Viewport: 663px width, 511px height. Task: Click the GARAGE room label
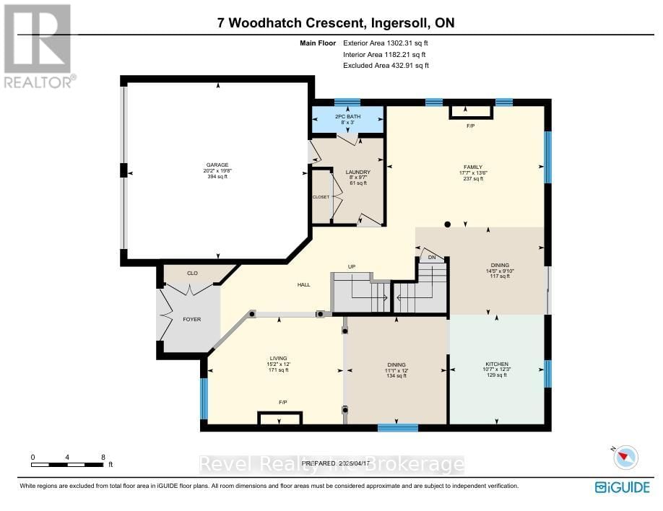[217, 165]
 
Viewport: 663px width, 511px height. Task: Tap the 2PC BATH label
[347, 116]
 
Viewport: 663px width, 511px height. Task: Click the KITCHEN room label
[496, 364]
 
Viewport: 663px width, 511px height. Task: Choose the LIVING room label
[278, 358]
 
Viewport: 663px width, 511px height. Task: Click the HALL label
[303, 285]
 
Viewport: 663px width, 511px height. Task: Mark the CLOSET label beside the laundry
[321, 197]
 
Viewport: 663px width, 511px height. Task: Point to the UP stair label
[352, 267]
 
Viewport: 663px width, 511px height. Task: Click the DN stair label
[432, 258]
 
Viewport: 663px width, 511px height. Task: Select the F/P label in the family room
[470, 126]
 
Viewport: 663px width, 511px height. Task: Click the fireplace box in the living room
[280, 418]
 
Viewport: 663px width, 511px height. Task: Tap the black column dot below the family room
[448, 224]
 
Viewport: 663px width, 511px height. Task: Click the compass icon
[626, 457]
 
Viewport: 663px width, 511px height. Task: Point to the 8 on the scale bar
[103, 457]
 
